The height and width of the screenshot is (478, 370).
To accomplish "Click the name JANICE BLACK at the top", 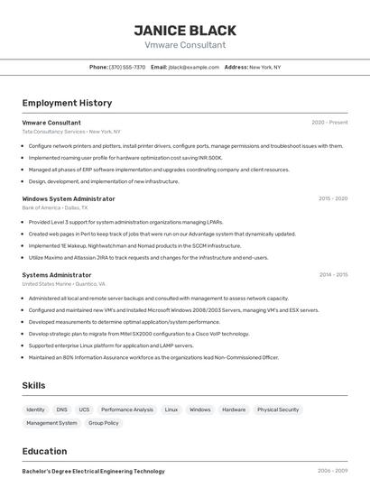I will coord(185,30).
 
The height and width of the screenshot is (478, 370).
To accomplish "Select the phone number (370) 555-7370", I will coord(127,67).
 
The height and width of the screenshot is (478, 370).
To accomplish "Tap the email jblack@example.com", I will coord(194,67).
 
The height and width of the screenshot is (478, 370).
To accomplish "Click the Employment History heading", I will coord(67,103).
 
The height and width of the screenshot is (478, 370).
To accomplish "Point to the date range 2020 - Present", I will coord(329,123).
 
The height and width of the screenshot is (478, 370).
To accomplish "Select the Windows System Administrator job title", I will coord(69,198).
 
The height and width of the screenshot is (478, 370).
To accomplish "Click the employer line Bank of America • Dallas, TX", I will coord(57,207).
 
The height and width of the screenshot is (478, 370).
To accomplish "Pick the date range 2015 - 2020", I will coord(332,198).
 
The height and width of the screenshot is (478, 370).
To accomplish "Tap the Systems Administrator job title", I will coord(57,275).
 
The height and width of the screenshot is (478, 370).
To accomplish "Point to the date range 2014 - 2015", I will coord(333,275).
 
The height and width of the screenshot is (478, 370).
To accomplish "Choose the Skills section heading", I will coord(33,385).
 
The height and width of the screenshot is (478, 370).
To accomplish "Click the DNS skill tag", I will coord(62,409).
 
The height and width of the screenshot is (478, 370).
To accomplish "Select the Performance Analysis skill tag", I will coord(127,409).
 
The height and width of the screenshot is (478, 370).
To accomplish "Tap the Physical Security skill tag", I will coord(278,409).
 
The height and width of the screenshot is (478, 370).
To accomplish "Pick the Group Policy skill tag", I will coord(104,423).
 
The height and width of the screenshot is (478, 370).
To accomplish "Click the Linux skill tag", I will coord(171,409).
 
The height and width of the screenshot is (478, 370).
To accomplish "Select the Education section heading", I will coord(44,450).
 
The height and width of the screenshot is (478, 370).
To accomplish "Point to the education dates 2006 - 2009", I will coord(332,471).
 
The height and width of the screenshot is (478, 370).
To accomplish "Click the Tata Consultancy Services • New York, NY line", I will coord(71,132).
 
